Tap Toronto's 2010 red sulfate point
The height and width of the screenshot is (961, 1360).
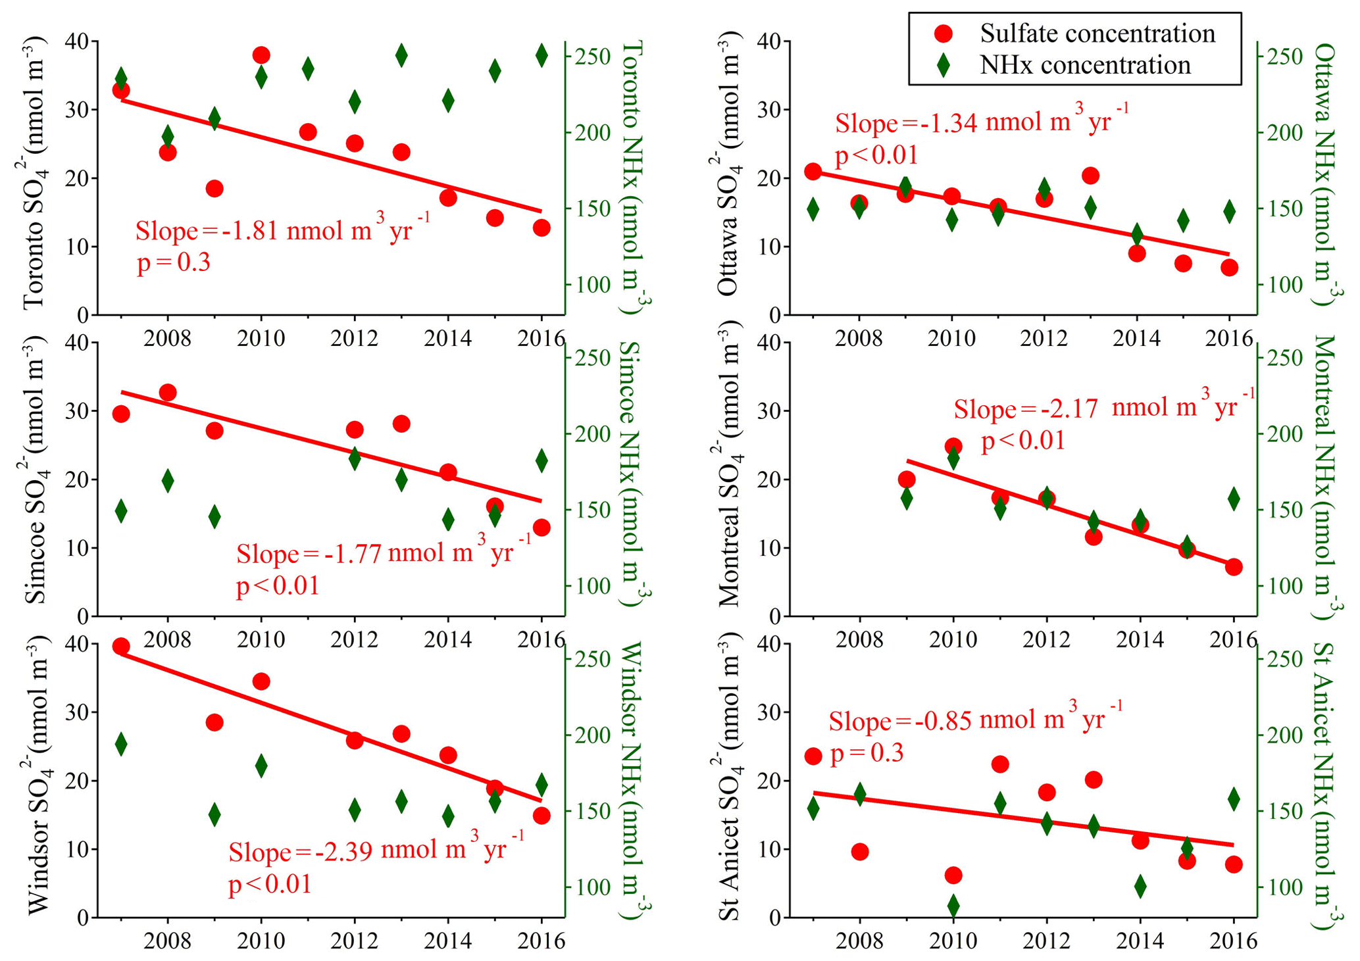pyautogui.click(x=261, y=55)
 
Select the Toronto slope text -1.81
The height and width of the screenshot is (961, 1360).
pyautogui.click(x=283, y=231)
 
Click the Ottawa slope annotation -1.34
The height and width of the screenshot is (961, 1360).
pyautogui.click(x=981, y=124)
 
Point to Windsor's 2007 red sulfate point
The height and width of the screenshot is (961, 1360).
pyautogui.click(x=121, y=647)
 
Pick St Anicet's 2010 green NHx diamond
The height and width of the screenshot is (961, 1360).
pyautogui.click(x=953, y=906)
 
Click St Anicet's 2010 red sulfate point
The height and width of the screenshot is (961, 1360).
pyautogui.click(x=953, y=875)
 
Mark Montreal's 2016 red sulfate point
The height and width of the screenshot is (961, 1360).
pyautogui.click(x=1234, y=567)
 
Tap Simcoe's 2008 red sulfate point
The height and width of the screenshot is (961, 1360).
pyautogui.click(x=168, y=393)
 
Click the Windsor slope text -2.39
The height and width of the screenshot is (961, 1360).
pyautogui.click(x=376, y=851)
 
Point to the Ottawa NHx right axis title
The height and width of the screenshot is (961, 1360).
pyautogui.click(x=1324, y=174)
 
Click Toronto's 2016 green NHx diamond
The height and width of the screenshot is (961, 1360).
pyautogui.click(x=541, y=55)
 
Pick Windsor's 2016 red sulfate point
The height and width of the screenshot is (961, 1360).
pyautogui.click(x=541, y=816)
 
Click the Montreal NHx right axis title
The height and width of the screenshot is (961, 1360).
pyautogui.click(x=1324, y=477)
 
